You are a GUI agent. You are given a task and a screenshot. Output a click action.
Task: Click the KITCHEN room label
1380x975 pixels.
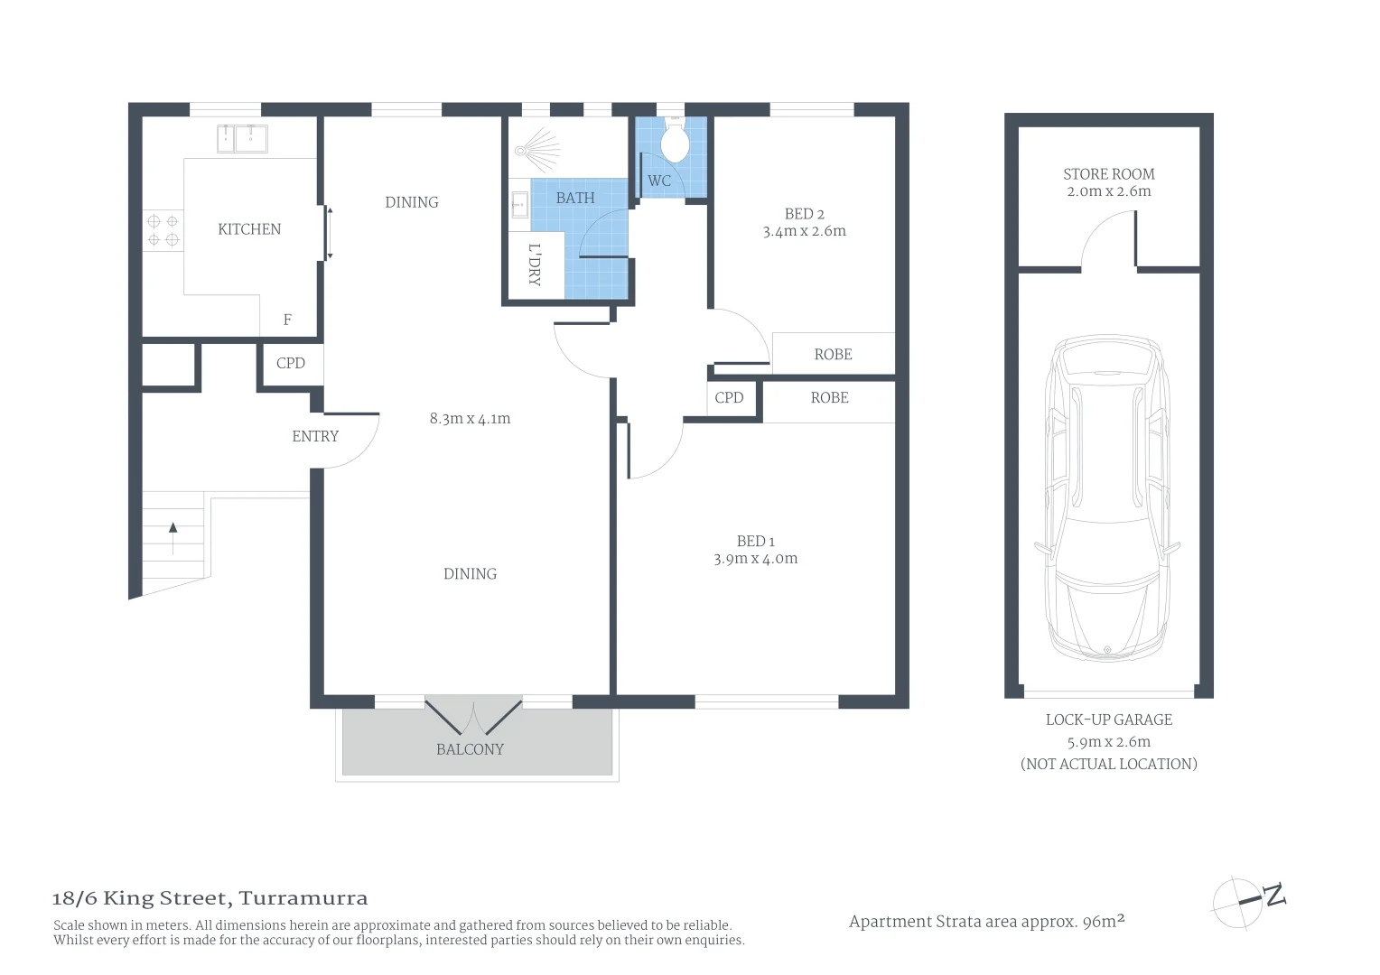tap(249, 229)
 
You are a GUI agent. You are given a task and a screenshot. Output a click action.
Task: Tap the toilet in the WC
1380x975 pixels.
tap(675, 139)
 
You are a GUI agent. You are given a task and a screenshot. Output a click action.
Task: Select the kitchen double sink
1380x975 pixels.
tap(242, 139)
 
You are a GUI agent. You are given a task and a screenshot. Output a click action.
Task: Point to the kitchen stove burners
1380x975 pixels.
tap(163, 229)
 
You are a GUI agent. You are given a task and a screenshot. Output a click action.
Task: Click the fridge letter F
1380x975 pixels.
tap(287, 320)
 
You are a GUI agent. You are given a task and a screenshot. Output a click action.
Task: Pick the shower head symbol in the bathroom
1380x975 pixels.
tap(537, 150)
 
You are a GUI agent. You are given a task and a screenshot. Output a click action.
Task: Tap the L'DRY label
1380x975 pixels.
tap(534, 265)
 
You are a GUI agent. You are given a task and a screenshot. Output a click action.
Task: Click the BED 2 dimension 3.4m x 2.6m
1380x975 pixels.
tap(804, 231)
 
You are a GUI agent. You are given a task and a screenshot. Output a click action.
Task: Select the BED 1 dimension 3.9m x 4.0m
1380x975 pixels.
tap(755, 559)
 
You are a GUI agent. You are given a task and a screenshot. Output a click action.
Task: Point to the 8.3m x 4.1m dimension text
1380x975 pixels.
tap(470, 419)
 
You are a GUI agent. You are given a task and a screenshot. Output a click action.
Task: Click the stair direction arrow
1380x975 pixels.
tap(173, 538)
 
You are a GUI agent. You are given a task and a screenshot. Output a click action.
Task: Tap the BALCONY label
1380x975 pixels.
tap(470, 749)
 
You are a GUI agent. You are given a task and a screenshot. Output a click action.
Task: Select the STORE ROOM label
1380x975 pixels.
tap(1109, 174)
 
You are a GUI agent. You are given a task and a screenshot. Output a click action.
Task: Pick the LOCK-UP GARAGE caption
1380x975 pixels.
tap(1109, 720)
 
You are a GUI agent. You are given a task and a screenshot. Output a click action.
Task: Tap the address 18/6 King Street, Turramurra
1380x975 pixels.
tap(210, 898)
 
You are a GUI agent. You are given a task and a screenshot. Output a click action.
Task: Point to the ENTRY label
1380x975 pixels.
tap(315, 436)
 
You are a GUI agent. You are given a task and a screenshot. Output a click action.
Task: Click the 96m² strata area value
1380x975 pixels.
tap(1104, 921)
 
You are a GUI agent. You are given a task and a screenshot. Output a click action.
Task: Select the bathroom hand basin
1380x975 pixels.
tap(519, 205)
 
